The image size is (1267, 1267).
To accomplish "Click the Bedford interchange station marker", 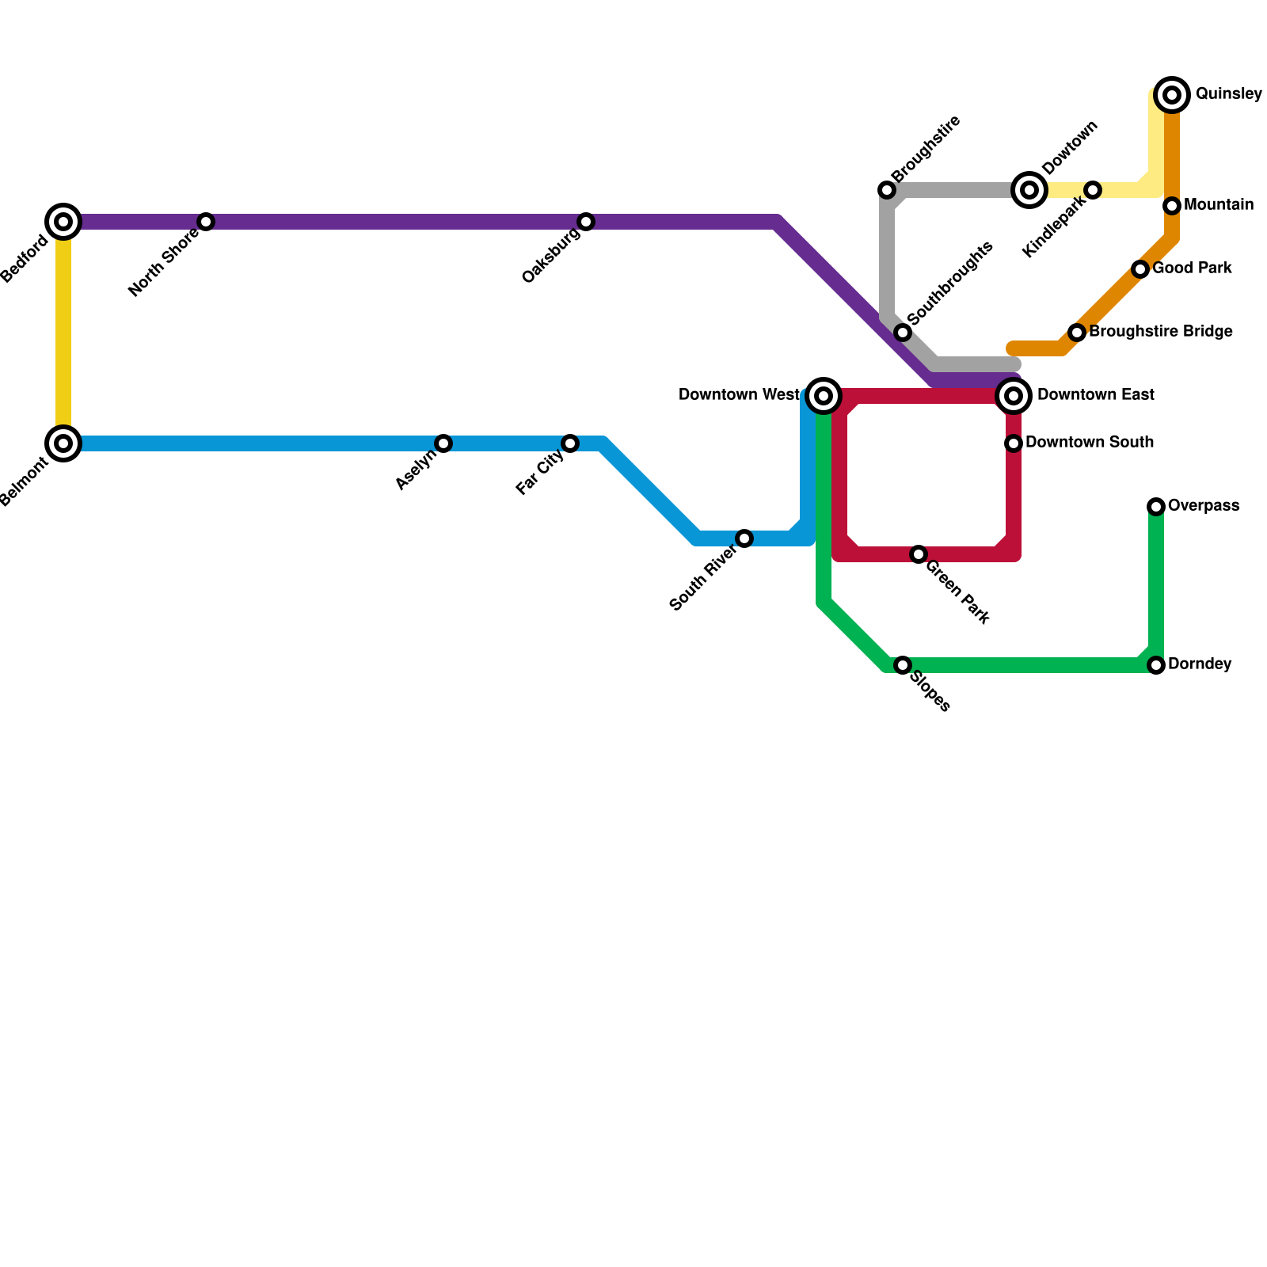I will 63,222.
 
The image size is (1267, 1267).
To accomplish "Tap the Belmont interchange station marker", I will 63,443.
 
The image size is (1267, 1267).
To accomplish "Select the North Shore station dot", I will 206,222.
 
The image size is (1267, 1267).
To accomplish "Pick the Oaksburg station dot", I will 586,222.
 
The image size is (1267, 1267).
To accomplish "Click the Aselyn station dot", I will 443,443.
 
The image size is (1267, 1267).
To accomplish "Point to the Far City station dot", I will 570,443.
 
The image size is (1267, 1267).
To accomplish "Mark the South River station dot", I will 744,538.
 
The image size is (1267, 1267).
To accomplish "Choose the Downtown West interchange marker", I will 824,396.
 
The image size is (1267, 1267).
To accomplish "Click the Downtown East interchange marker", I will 1014,396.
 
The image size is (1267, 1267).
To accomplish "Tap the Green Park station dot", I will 919,554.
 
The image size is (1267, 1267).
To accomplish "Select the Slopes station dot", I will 903,665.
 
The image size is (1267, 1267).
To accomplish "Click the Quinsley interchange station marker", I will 1173,95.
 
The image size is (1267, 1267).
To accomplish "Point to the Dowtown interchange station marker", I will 1029,190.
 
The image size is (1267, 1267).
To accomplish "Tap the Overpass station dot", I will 1156,507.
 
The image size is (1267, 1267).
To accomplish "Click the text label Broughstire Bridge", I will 1160,332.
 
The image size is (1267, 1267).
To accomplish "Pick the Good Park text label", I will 1192,268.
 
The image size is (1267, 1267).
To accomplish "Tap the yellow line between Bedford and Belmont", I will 63,333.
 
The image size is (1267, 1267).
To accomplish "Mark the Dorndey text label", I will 1199,664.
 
